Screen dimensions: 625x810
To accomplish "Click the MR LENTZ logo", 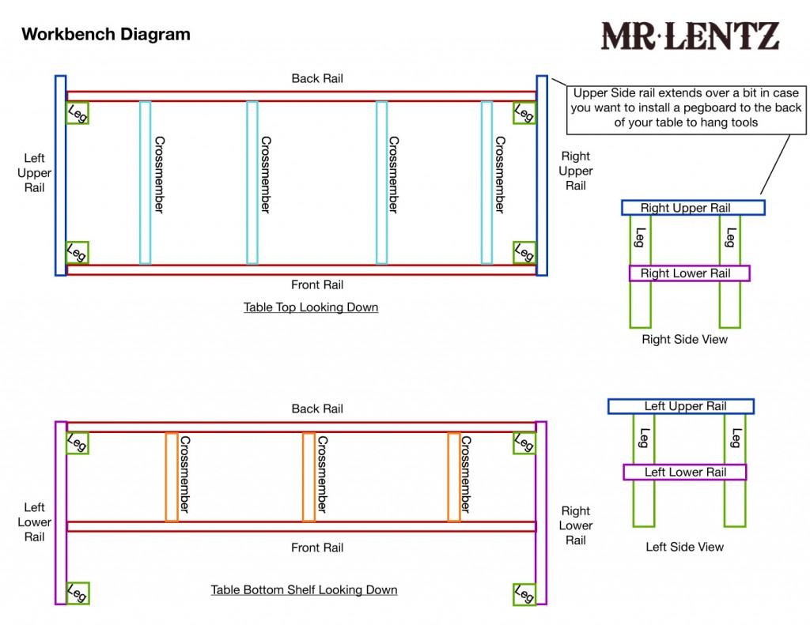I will [x=690, y=36].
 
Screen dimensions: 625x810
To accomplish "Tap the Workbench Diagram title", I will [x=105, y=35].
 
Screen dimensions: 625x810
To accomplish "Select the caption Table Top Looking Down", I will [x=311, y=307].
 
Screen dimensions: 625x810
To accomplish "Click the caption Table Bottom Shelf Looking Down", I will [x=304, y=590].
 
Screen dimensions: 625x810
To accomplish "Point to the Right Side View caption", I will [x=685, y=339].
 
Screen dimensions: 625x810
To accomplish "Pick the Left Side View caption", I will [x=685, y=547].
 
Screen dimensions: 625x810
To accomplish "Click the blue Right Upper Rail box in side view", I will [x=693, y=208].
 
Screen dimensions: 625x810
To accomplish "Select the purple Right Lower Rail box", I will [x=689, y=273].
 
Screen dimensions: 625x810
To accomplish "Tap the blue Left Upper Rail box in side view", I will [x=681, y=406].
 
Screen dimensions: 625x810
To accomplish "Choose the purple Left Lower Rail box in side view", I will [x=685, y=473].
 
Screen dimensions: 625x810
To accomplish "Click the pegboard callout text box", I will [x=686, y=107].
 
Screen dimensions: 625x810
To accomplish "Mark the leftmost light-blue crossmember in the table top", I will [x=145, y=182].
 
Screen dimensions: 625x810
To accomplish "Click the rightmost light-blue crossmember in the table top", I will [x=486, y=182].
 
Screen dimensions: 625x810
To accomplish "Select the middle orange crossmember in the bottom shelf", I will [x=308, y=477].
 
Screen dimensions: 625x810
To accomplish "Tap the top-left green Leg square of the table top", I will [x=78, y=113].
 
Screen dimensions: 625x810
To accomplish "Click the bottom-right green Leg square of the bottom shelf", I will [x=524, y=593].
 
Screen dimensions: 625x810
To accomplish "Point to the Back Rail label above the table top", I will [x=317, y=78].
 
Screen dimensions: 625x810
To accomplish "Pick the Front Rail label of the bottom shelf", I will [x=317, y=548].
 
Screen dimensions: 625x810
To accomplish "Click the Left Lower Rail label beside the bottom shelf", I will [x=34, y=522].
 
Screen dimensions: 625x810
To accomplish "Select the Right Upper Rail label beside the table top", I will [x=576, y=171].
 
